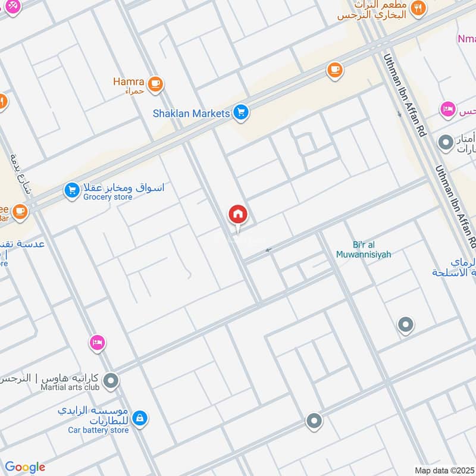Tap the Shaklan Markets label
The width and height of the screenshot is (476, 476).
(191, 113)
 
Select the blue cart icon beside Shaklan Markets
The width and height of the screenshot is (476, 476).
(240, 112)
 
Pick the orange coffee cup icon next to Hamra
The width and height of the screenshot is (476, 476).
(156, 84)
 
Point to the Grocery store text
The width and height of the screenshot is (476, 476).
(108, 197)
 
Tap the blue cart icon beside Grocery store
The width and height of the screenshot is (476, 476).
(72, 190)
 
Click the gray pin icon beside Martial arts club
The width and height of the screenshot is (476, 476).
(111, 381)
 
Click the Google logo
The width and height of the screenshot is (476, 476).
(25, 467)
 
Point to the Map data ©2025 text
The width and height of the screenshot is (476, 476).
(443, 470)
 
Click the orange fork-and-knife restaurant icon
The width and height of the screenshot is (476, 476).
(420, 8)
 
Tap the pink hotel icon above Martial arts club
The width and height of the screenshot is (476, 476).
(97, 342)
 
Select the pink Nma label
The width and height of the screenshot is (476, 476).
(466, 39)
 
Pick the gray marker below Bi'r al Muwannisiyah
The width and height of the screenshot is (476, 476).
(406, 325)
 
